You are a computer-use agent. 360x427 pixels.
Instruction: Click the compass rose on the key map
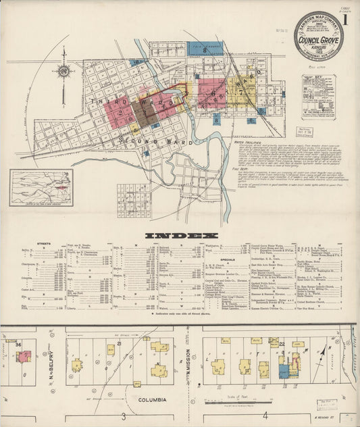(x=64, y=72)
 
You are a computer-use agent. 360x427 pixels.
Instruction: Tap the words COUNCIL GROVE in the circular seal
(x=318, y=39)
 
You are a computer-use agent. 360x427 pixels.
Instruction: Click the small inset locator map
(x=42, y=187)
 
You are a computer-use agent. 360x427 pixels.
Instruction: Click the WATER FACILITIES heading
(x=251, y=143)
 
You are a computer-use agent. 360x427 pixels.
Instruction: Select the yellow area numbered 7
(x=239, y=91)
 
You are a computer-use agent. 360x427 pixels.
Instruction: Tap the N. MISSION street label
(x=188, y=366)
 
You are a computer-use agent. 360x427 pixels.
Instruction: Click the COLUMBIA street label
(x=153, y=399)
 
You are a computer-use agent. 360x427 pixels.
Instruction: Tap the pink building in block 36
(x=24, y=355)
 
